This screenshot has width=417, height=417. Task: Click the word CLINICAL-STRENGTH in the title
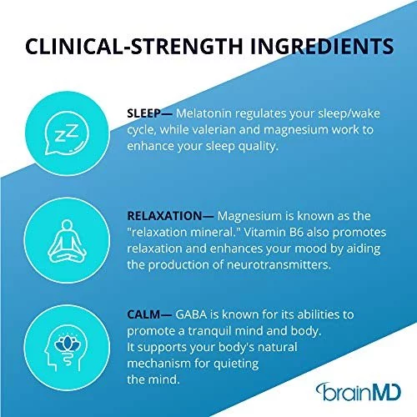pyautogui.click(x=134, y=46)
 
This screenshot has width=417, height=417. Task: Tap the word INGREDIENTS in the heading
pyautogui.click(x=322, y=46)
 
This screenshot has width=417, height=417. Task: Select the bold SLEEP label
pyautogui.click(x=143, y=113)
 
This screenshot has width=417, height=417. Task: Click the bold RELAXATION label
pyautogui.click(x=164, y=216)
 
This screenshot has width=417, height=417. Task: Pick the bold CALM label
pyautogui.click(x=143, y=314)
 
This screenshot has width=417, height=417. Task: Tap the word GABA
pyautogui.click(x=191, y=314)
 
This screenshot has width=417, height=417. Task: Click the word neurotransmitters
pyautogui.click(x=279, y=264)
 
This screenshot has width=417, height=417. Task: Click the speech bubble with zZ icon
pyautogui.click(x=67, y=133)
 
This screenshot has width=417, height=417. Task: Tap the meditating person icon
pyautogui.click(x=67, y=241)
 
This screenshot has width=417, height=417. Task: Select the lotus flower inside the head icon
pyautogui.click(x=67, y=344)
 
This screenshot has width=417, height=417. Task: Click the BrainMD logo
pyautogui.click(x=359, y=392)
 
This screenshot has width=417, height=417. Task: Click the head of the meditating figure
pyautogui.click(x=67, y=225)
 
